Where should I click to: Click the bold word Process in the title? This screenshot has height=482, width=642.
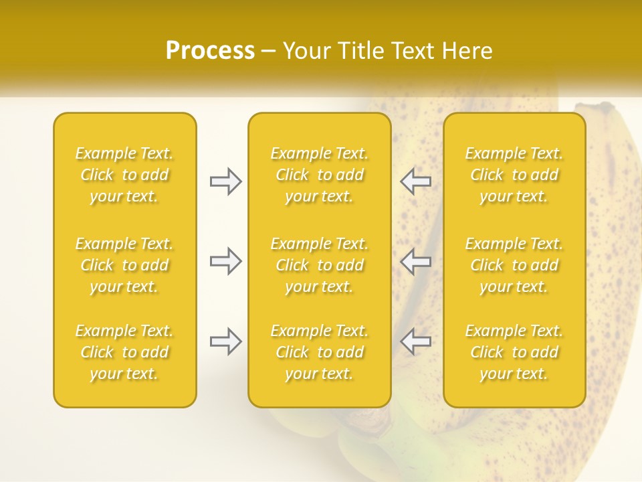[x=210, y=51]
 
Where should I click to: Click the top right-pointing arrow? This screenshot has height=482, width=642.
[x=226, y=181]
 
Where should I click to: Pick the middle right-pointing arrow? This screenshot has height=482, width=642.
[x=226, y=261]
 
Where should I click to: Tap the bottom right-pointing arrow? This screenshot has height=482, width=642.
[x=226, y=341]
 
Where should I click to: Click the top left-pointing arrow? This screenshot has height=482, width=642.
[x=415, y=181]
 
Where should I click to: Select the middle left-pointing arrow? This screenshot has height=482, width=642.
[x=415, y=261]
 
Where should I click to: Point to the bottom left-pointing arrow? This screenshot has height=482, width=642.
[x=415, y=341]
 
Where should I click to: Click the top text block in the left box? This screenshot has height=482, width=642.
[x=124, y=175]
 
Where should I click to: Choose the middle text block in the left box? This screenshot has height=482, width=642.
[x=124, y=265]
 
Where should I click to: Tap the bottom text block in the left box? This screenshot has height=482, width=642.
[x=124, y=352]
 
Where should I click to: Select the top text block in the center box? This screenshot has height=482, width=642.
[x=320, y=175]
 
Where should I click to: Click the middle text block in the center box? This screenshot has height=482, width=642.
[x=320, y=265]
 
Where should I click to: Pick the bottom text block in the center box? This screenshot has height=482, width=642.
[x=320, y=352]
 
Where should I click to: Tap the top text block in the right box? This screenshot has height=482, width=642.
[x=514, y=175]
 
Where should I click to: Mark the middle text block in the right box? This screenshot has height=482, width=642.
[x=514, y=265]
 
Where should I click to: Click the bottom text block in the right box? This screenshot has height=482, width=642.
[x=514, y=352]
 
